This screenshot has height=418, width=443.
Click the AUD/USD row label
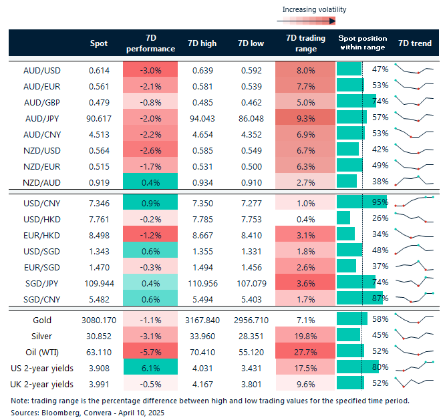point(41,69)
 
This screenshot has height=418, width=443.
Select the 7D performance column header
point(151,43)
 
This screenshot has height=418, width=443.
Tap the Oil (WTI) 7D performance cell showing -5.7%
point(151,352)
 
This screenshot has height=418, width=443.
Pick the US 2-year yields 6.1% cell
point(151,367)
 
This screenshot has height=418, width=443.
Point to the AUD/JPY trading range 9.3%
point(305,118)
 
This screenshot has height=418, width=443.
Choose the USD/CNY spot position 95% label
point(380,201)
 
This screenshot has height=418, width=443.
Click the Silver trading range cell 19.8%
point(305,336)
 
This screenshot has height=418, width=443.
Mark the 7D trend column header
point(414,43)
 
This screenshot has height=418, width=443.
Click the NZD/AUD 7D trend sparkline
point(414,180)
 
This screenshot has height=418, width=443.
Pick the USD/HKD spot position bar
point(343,217)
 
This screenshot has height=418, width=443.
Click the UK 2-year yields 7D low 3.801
point(251,383)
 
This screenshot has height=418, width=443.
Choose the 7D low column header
point(251,43)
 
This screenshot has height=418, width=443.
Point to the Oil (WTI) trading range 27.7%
point(305,352)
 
